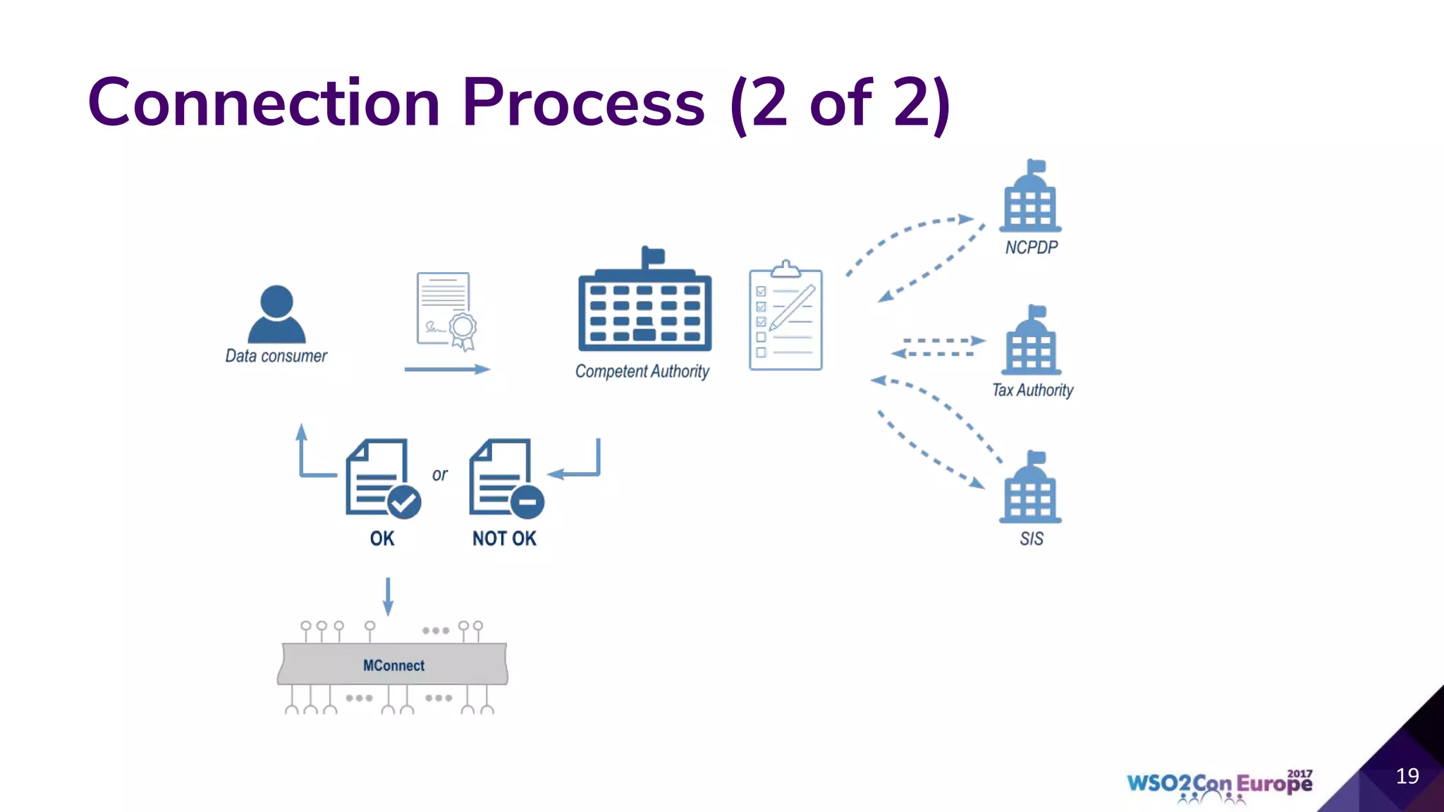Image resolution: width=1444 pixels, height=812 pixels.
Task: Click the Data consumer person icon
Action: [276, 314]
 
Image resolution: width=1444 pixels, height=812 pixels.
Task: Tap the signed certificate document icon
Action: [446, 311]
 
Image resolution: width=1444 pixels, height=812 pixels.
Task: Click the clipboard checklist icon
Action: [785, 318]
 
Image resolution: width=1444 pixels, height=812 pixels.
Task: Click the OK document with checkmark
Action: [381, 479]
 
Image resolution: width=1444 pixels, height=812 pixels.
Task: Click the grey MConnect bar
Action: [393, 664]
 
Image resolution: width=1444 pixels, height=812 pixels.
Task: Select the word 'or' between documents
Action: [439, 475]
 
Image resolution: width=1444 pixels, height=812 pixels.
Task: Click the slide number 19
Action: [1407, 776]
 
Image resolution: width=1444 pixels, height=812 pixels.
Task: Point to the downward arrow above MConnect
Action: [388, 596]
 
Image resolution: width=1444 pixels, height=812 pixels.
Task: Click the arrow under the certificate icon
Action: [446, 369]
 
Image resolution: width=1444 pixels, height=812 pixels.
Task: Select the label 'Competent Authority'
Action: [642, 371]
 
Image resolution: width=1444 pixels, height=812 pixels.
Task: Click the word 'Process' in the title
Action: [583, 103]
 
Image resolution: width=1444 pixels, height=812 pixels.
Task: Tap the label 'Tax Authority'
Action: [1032, 390]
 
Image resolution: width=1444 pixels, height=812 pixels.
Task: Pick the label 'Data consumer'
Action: [276, 356]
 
